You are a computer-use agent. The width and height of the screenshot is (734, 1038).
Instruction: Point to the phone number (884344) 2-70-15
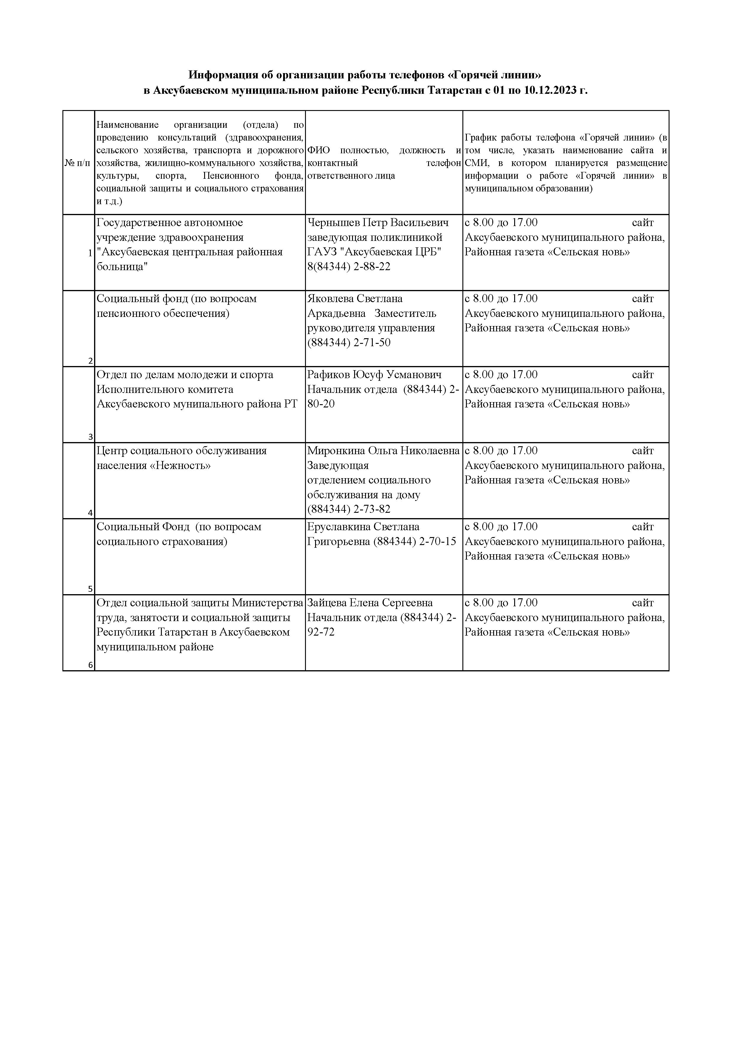(414, 541)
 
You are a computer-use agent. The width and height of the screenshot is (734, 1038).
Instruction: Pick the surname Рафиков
(329, 375)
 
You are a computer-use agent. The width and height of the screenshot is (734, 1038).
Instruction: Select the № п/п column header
(77, 163)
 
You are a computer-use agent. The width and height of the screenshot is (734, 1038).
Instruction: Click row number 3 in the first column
(91, 437)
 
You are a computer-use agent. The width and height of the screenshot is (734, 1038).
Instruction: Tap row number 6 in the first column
(91, 665)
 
